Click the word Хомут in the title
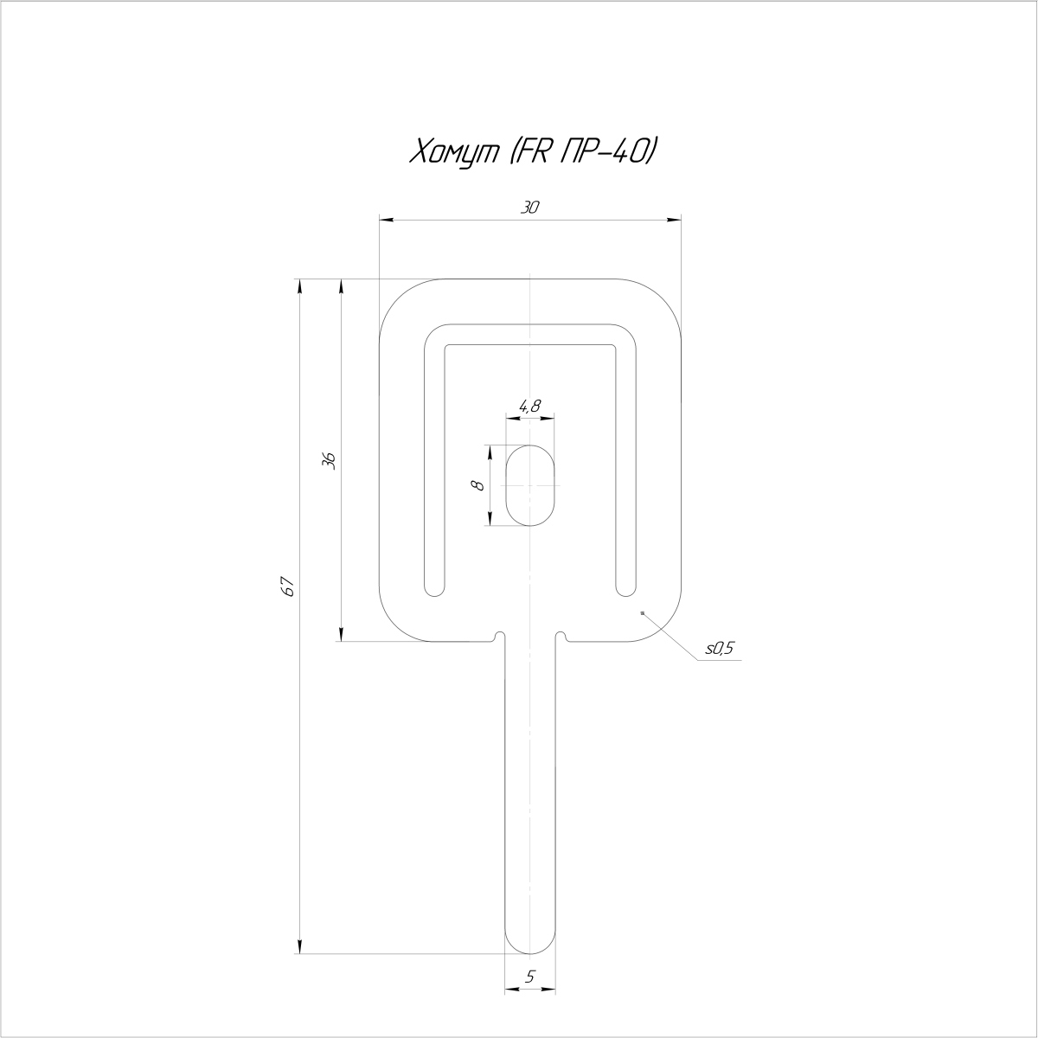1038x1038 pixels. (x=455, y=152)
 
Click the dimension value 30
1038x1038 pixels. (x=529, y=208)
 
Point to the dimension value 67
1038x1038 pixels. (x=288, y=586)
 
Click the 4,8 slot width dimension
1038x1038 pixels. (x=529, y=406)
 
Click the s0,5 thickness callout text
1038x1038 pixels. (x=720, y=648)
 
